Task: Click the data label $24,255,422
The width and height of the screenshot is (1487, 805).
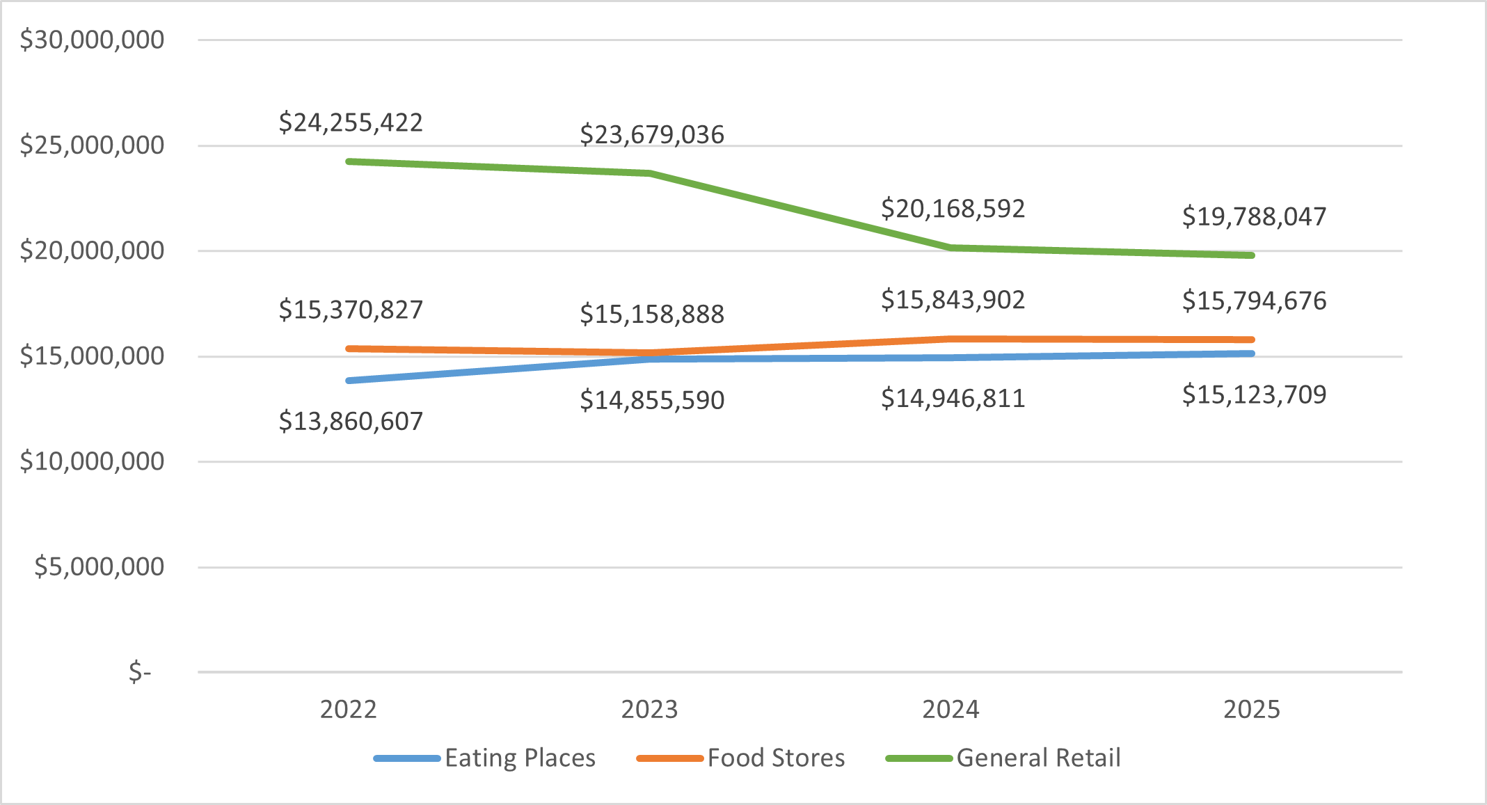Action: point(351,122)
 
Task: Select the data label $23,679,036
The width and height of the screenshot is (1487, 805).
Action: point(652,134)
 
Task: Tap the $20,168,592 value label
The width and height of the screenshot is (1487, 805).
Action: point(953,209)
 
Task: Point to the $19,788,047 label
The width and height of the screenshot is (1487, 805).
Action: point(1254,216)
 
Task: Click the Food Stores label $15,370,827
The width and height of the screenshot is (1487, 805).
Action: point(351,310)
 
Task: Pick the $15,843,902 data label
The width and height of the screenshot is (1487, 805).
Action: point(953,300)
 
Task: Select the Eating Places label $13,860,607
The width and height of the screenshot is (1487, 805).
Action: point(351,421)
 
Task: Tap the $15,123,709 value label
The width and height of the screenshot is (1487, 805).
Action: point(1254,394)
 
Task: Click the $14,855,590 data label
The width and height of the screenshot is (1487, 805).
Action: point(652,400)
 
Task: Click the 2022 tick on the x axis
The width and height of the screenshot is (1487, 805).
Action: point(348,709)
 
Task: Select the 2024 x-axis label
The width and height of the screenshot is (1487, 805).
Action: point(951,709)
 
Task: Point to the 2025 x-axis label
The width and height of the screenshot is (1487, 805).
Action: point(1252,709)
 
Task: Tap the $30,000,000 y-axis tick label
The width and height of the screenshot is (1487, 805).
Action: point(92,40)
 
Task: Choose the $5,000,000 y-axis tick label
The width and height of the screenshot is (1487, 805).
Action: point(99,566)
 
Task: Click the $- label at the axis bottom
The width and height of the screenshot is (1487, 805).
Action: point(140,671)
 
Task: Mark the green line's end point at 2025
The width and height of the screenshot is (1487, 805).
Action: point(1251,255)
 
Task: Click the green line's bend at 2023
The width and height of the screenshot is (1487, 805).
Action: point(650,173)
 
